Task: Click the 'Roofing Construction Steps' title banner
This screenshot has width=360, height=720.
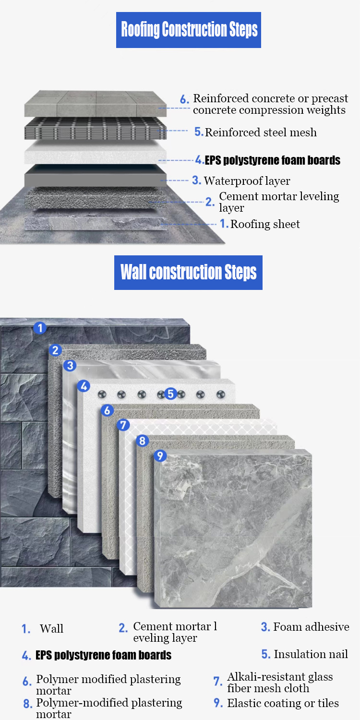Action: (188, 30)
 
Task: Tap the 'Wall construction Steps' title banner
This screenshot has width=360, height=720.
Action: (188, 273)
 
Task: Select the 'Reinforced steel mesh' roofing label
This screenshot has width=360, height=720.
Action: (261, 132)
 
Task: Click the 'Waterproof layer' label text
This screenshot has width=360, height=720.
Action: (247, 181)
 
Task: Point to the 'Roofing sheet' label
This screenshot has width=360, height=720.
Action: (265, 224)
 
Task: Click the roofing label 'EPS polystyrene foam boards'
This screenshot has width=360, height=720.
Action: (273, 160)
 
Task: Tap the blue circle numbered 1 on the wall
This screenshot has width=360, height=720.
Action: (40, 328)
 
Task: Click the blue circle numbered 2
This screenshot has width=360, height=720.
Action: (55, 350)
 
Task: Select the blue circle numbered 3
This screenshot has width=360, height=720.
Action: (70, 365)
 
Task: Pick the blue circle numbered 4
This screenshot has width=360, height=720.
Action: (84, 386)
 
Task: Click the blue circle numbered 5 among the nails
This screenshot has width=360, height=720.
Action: (171, 394)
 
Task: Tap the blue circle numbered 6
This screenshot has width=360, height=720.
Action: (108, 410)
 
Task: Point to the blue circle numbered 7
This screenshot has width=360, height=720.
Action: (123, 425)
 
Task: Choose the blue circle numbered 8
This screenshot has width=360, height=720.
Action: (143, 441)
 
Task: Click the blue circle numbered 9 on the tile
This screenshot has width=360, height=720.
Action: (160, 456)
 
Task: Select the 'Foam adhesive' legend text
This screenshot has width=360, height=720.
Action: (311, 627)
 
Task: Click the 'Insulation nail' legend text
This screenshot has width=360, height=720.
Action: (311, 654)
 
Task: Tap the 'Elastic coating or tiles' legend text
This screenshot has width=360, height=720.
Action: (283, 703)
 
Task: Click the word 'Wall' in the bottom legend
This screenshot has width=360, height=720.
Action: (51, 629)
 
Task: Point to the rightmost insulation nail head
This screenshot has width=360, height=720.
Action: (220, 394)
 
